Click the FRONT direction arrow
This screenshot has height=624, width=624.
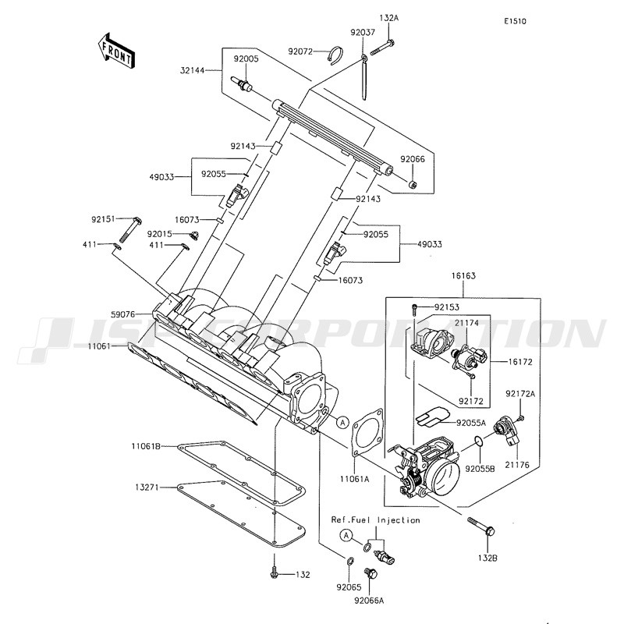click(x=116, y=51)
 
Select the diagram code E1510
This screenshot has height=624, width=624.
click(x=515, y=22)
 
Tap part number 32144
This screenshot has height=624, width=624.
click(x=192, y=70)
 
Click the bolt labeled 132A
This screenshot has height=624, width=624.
click(x=382, y=48)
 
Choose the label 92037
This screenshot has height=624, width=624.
click(x=363, y=32)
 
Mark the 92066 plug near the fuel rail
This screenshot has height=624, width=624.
click(x=413, y=184)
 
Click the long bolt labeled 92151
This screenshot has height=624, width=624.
click(x=129, y=230)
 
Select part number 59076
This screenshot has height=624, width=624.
click(x=123, y=314)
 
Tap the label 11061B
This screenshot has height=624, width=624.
click(x=146, y=446)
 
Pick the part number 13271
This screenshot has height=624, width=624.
click(x=147, y=487)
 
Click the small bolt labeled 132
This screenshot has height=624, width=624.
click(x=274, y=572)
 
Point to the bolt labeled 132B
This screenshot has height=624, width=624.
click(x=481, y=525)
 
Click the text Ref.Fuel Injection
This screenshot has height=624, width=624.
click(x=376, y=520)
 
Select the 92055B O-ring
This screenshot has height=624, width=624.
click(x=479, y=441)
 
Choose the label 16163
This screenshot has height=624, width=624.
click(x=463, y=276)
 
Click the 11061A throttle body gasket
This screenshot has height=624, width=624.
click(x=367, y=431)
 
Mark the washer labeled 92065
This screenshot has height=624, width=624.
click(x=349, y=562)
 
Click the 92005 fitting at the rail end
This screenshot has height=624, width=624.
click(x=241, y=84)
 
